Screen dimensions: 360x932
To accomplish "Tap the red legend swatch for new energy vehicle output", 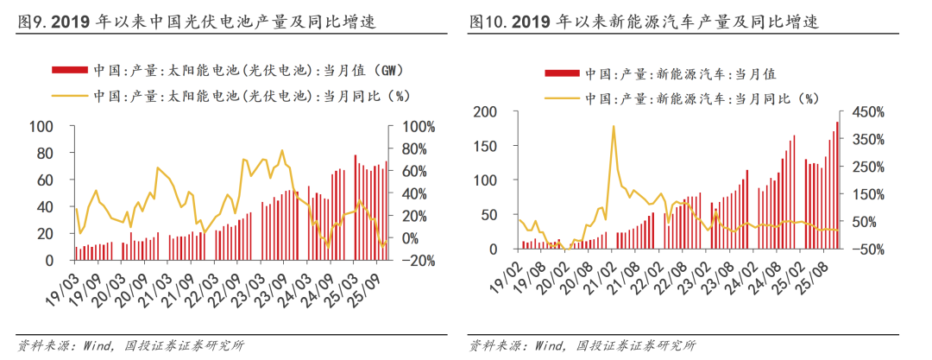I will [562, 75].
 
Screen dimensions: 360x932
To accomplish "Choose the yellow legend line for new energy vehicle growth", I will [562, 98].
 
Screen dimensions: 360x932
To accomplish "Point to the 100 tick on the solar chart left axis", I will [41, 127].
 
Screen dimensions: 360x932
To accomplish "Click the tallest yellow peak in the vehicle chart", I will [613, 126].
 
